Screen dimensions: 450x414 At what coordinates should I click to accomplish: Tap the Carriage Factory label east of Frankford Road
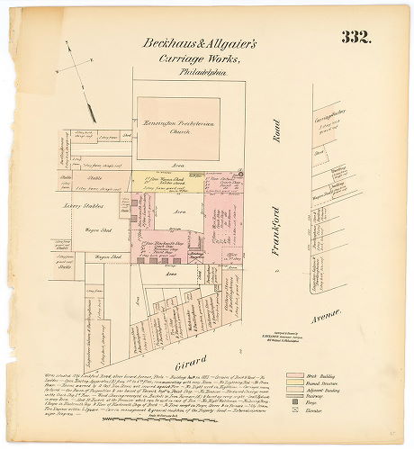point(324,118)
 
